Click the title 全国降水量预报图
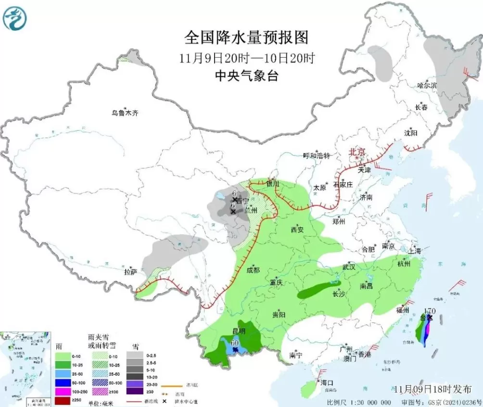tap(246, 37)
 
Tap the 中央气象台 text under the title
tap(246, 76)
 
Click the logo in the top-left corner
tap(15, 18)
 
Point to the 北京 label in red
tap(357, 152)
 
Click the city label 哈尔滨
tap(427, 85)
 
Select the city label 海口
tap(327, 383)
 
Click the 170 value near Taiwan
tap(430, 311)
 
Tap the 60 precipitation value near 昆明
tap(235, 343)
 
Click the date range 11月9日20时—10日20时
tap(246, 59)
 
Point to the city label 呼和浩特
tap(317, 156)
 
